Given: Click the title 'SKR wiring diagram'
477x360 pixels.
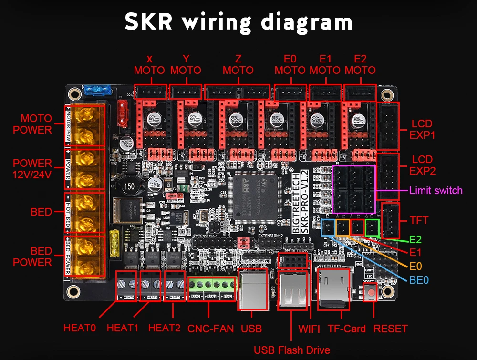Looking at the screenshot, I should pos(238,22).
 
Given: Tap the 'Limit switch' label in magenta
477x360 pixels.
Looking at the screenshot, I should pos(436,191).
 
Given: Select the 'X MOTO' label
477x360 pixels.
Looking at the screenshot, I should pos(149,64).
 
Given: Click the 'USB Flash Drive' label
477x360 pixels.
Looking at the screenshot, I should pos(291,350).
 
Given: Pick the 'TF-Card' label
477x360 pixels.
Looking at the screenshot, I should pos(346,329).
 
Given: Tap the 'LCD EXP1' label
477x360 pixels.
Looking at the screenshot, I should pos(422,129).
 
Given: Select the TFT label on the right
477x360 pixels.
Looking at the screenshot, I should pos(418,221).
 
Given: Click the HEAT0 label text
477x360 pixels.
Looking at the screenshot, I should pos(80,328).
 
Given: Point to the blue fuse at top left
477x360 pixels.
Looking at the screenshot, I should pos(97,89).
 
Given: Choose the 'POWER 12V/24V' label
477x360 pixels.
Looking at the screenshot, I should pos(32,168).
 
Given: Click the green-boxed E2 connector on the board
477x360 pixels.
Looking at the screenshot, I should pos(372,227).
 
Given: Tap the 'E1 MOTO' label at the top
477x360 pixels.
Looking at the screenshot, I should pos(325,64).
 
